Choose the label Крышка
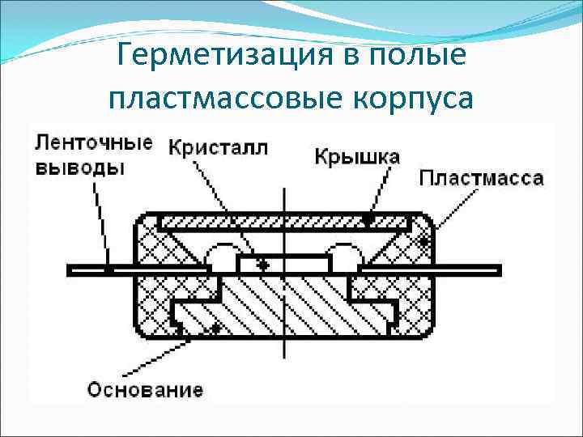356,156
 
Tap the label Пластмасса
482,178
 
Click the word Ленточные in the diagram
94,144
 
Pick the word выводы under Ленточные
80,168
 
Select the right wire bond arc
347,255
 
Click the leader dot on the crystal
260,265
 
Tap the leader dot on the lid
369,218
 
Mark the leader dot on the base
215,328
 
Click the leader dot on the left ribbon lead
108,267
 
